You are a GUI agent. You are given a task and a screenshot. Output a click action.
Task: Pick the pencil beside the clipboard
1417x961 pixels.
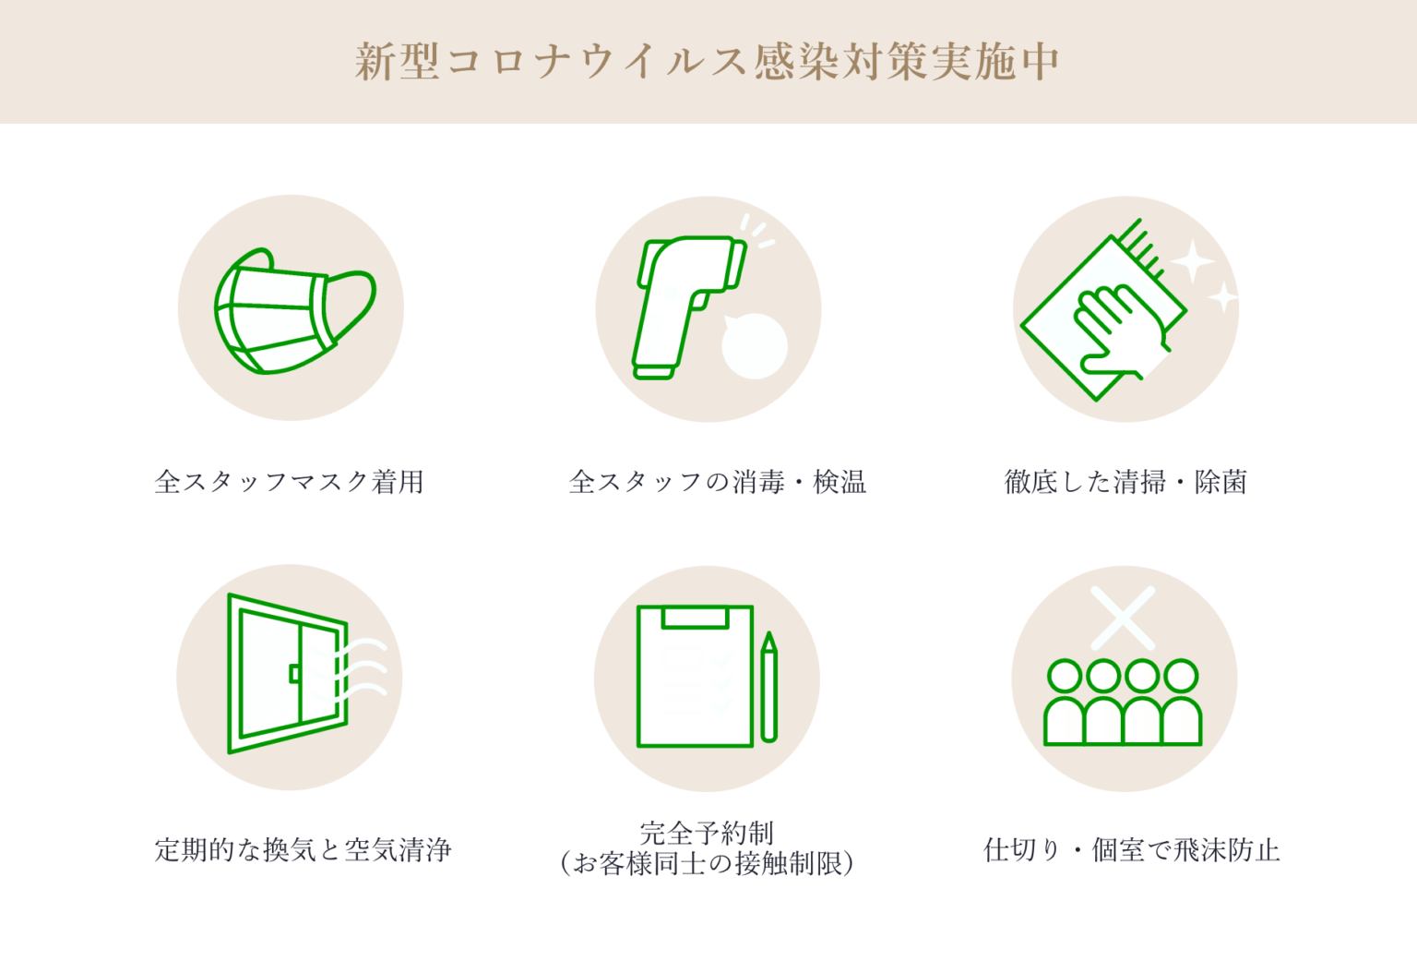coord(769,686)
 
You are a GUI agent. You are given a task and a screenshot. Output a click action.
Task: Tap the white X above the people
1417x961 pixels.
coord(1123,618)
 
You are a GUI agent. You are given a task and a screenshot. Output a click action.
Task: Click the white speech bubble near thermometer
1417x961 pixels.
coord(754,345)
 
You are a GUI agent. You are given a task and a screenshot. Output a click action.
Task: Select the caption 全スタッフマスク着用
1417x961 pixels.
coord(289,482)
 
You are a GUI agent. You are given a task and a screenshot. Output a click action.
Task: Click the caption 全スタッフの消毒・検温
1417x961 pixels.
coord(718,482)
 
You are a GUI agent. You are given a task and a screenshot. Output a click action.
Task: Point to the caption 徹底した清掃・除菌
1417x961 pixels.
coord(1125,482)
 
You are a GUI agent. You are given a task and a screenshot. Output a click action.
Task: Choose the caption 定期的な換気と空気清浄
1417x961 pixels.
coord(303,849)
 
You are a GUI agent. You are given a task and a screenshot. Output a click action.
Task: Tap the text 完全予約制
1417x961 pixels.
coord(707,833)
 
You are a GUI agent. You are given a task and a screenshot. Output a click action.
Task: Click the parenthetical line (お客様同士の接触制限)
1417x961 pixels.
coord(707,863)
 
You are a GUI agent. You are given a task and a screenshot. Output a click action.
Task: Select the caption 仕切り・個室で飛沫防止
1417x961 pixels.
coord(1132,849)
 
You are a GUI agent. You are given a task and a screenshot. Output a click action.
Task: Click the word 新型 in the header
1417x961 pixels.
coord(397,62)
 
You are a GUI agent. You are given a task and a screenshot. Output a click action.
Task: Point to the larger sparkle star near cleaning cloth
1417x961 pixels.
coord(1192,261)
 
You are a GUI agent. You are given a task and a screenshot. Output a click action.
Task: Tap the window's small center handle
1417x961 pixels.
coord(294,673)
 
